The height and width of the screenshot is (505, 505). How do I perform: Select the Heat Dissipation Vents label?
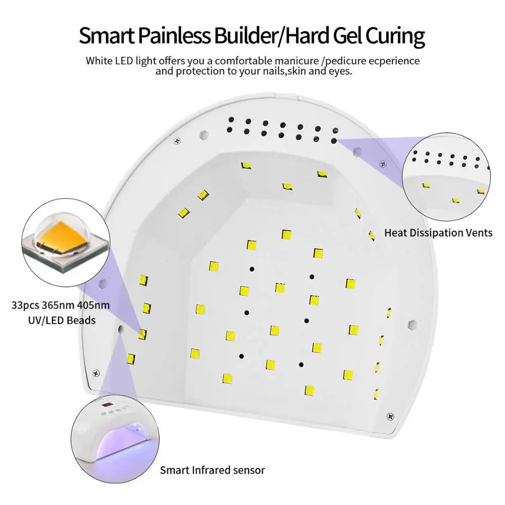point(438,233)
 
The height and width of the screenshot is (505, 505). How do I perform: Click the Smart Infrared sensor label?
point(213,470)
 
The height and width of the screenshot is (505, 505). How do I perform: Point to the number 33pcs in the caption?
point(28,306)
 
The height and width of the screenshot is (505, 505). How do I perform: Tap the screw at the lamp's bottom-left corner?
point(94,374)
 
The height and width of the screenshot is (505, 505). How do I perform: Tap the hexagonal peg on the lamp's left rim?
point(103,281)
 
